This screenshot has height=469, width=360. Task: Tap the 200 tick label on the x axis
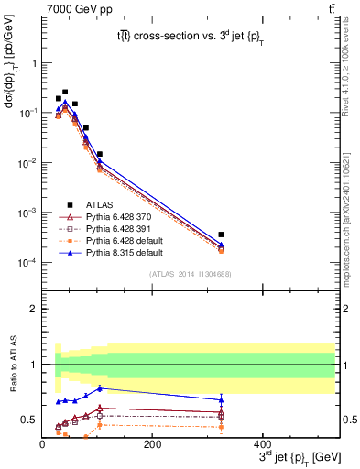coord(153,443)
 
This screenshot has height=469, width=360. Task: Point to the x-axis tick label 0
coord(43,443)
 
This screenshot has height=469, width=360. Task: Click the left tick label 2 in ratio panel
coord(33,309)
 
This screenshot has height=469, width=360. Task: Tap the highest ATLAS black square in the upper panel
coord(65,92)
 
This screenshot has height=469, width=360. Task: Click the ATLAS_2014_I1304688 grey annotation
coord(188,274)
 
